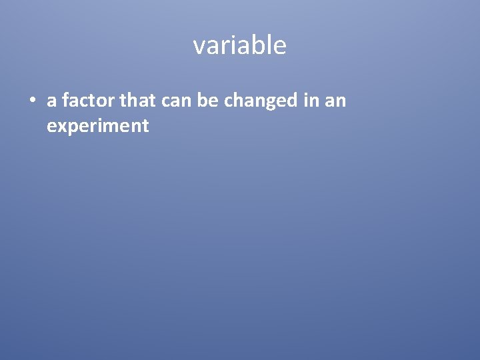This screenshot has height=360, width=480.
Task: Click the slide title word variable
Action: click(240, 45)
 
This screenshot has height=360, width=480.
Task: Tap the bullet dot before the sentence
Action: click(31, 101)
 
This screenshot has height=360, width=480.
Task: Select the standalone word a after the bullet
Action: click(51, 101)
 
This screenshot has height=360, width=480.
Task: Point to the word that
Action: click(137, 101)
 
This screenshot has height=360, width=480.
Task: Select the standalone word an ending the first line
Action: click(335, 101)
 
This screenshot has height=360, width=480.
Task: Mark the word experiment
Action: click(98, 126)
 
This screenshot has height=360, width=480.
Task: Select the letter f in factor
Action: click(65, 100)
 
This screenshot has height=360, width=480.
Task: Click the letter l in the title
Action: click(268, 45)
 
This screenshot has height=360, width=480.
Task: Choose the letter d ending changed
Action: click(291, 101)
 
